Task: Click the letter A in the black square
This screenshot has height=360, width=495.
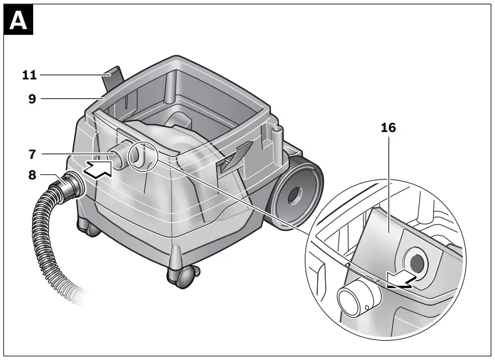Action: click(x=18, y=21)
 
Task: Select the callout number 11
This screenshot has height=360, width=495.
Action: click(x=29, y=74)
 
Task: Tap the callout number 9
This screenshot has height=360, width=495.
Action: click(x=32, y=99)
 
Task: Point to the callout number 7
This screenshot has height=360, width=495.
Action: click(x=32, y=153)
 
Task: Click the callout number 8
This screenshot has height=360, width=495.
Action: click(x=32, y=175)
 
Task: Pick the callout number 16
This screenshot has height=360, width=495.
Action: click(x=388, y=127)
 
